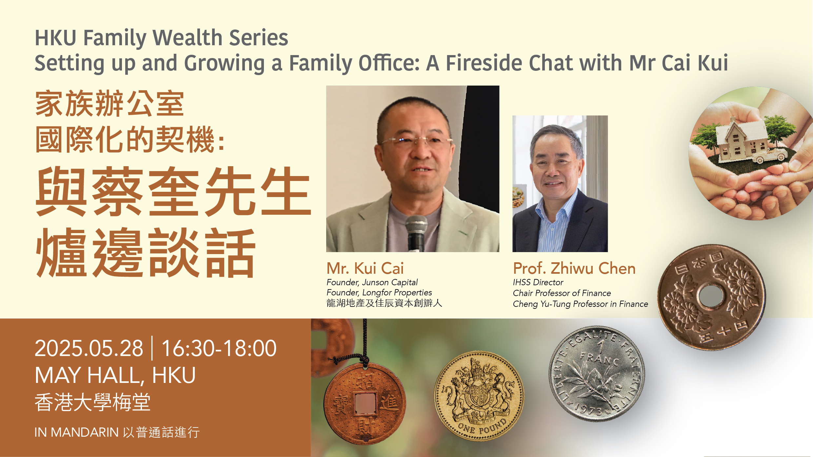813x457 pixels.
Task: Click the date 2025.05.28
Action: click(89, 348)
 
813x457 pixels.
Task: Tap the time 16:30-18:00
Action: click(219, 348)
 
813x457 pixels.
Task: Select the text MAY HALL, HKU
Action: click(115, 375)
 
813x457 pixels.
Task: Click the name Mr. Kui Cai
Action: click(365, 268)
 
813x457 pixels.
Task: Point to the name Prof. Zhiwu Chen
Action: click(574, 268)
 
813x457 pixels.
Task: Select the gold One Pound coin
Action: click(479, 396)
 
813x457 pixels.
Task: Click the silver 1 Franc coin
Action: click(597, 374)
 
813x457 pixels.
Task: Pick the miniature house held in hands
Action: click(742, 139)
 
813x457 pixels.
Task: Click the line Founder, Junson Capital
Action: click(372, 282)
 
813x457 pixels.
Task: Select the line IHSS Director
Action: click(538, 282)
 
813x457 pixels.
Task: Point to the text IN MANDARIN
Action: click(76, 432)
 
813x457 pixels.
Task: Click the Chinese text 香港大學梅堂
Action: click(92, 402)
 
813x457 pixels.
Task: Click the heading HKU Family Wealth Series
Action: click(161, 38)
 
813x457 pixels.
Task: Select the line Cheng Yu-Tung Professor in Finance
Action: click(580, 304)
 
